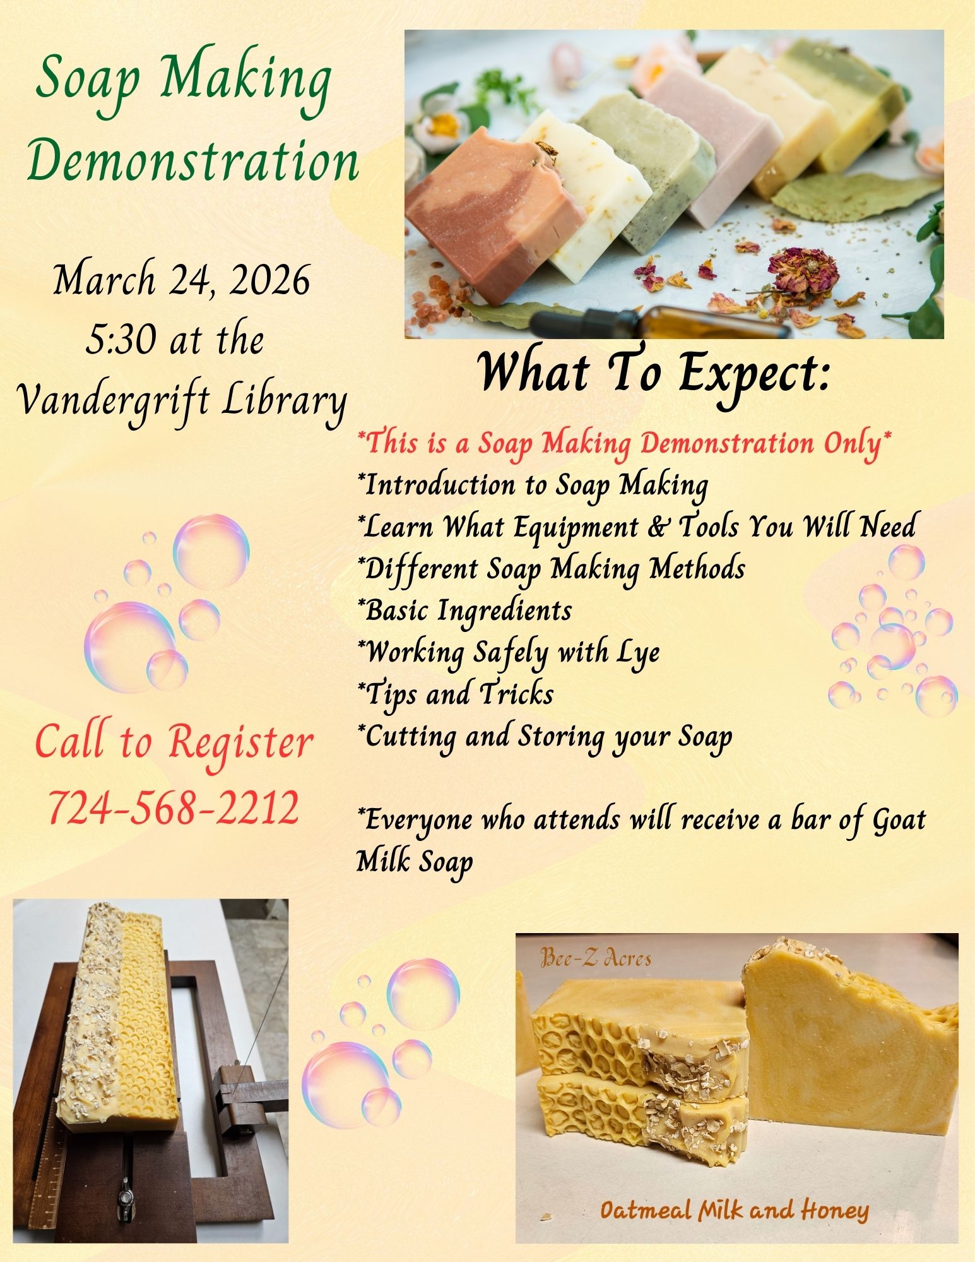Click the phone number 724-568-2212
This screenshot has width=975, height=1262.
pos(173,808)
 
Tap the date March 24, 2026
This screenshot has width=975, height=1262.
pos(182,281)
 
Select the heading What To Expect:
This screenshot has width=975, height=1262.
pos(653,374)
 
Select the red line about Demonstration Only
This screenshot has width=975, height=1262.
pos(625,444)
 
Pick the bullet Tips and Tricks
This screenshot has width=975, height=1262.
pos(455,694)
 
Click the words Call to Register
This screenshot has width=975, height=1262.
pos(174,742)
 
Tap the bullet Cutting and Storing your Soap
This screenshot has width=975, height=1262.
pos(544,737)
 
